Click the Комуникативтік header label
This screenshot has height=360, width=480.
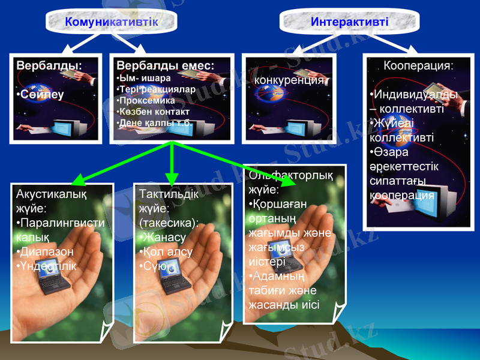coord(112,22)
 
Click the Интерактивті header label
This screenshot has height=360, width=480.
coord(350,22)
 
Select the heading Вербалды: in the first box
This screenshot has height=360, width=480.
coord(49,65)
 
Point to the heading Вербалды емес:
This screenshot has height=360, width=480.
coord(165,65)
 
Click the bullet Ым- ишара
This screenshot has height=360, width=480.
coord(143,78)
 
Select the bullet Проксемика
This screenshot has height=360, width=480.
coord(148,100)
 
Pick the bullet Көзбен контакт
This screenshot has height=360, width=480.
coord(154,112)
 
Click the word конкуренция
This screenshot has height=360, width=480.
coord(289,80)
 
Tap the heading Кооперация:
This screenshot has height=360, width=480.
coord(418,65)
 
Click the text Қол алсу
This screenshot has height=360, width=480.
coord(167,252)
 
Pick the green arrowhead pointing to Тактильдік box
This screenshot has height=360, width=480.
coord(172,179)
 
